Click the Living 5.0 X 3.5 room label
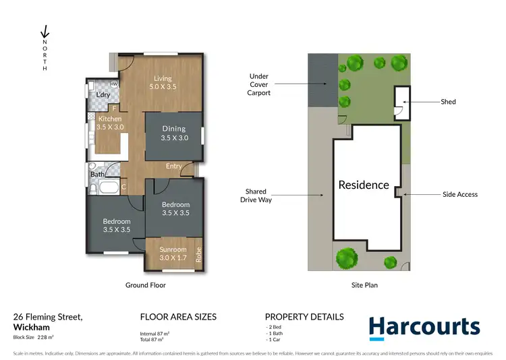click(163, 82)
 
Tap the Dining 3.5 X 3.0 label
click(174, 133)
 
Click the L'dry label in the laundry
click(103, 95)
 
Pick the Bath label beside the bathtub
click(97, 175)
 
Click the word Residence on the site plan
click(364, 185)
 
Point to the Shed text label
click(448, 102)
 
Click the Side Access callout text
click(459, 195)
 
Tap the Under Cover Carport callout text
click(258, 85)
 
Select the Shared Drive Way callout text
click(256, 196)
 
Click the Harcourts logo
click(424, 326)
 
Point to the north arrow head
click(45, 32)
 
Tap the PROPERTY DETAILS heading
click(304, 317)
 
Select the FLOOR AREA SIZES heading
click(177, 317)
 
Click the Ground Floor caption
click(145, 285)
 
